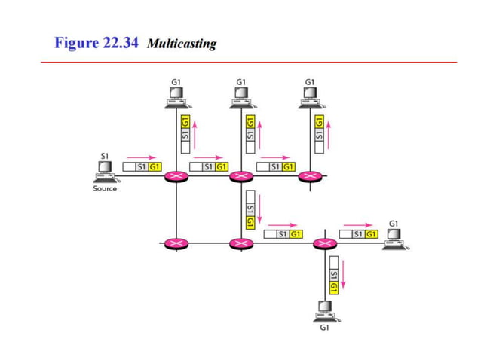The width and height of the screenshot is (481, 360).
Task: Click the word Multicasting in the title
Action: click(x=181, y=44)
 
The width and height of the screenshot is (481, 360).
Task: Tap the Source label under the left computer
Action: click(x=105, y=188)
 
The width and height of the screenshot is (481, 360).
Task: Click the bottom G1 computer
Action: click(x=325, y=310)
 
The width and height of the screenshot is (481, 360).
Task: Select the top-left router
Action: click(x=176, y=176)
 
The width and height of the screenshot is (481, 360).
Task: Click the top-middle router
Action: click(x=241, y=176)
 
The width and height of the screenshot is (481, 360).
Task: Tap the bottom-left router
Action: click(x=176, y=243)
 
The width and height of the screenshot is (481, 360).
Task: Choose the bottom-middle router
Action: click(x=241, y=243)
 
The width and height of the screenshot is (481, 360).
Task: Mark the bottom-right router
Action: click(x=325, y=243)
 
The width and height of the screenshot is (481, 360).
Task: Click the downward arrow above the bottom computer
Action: click(x=343, y=274)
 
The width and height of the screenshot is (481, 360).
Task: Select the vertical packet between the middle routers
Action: click(x=249, y=212)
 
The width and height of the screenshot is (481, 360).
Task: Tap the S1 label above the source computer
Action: click(x=104, y=156)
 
